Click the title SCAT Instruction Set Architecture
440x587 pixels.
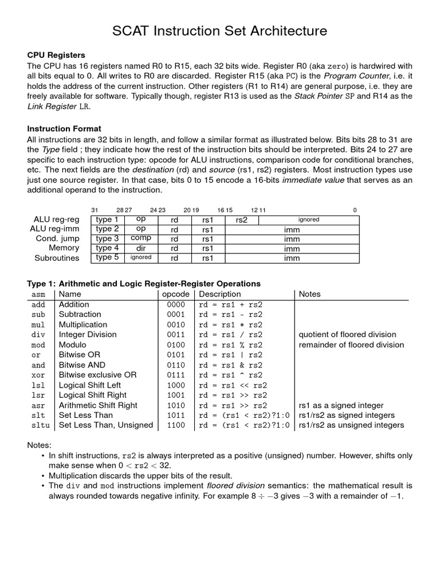220,30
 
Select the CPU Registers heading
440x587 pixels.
56,55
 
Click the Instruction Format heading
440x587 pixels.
64,128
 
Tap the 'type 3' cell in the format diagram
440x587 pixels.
107,238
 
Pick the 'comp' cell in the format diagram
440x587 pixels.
141,238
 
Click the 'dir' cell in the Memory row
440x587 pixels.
141,248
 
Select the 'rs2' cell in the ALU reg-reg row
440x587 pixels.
242,220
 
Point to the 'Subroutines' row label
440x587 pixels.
57,258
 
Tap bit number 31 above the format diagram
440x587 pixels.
95,210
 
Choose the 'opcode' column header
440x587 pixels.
175,294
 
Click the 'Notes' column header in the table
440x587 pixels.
310,294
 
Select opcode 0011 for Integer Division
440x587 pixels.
175,335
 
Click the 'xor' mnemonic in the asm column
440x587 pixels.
38,375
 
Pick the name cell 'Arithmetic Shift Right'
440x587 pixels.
98,405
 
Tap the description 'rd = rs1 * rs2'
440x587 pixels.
230,324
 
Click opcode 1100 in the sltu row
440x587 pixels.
175,425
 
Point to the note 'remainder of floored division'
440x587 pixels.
351,345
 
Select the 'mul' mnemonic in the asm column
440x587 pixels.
38,324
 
